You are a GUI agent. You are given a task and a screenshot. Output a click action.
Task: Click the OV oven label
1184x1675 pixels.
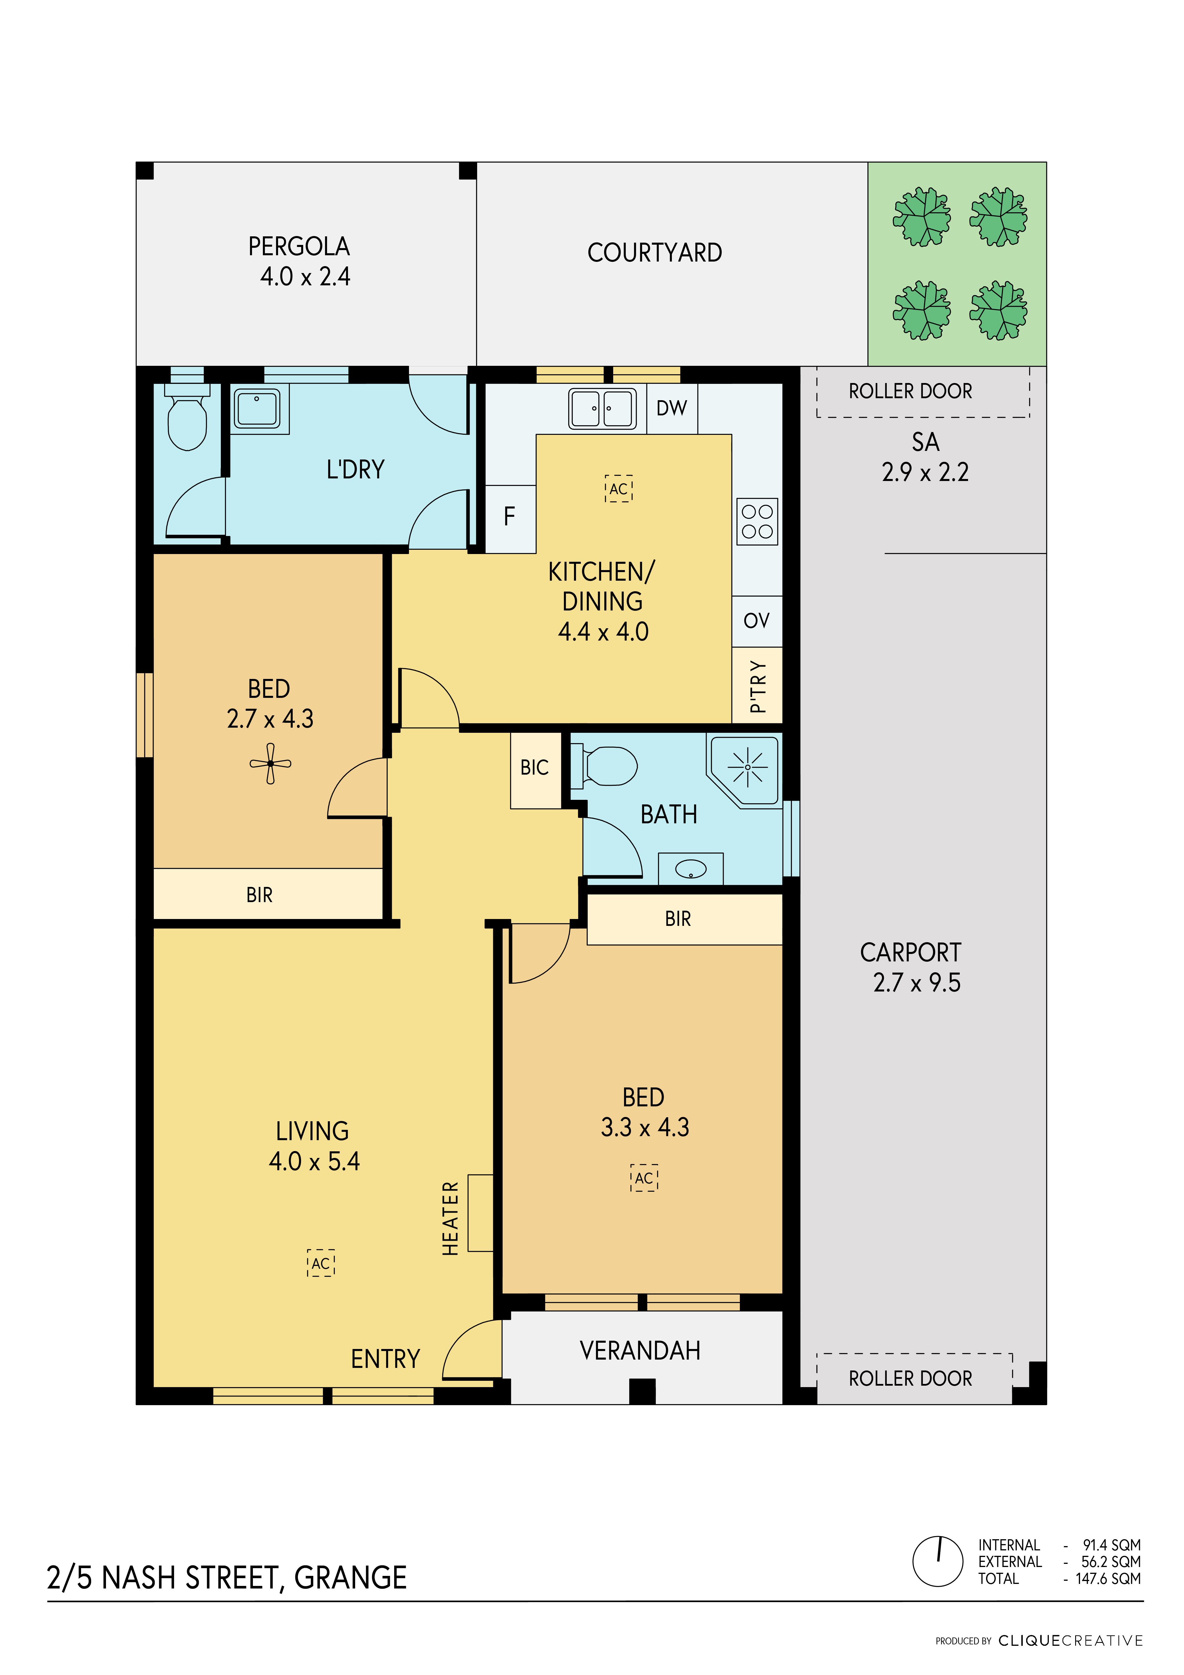[x=756, y=621]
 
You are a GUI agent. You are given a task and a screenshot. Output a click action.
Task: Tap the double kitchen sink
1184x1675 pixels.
[x=603, y=409]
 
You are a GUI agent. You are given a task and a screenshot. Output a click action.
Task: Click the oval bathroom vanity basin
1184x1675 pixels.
[x=691, y=869]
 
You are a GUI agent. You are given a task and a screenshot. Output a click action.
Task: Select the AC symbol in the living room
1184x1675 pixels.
[x=321, y=1263]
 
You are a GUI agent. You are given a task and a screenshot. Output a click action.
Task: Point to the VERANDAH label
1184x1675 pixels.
[x=640, y=1351]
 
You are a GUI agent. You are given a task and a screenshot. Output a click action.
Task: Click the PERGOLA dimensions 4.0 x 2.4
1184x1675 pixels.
[x=305, y=276]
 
